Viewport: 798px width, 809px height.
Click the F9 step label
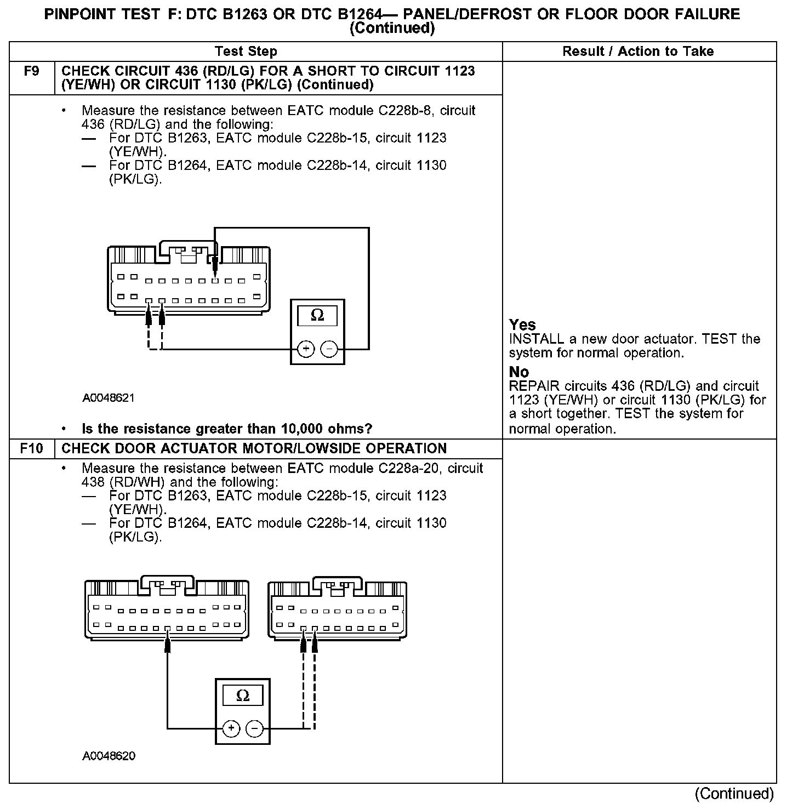pyautogui.click(x=32, y=71)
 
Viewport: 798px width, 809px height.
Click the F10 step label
pyautogui.click(x=31, y=448)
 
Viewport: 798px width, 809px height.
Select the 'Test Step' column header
pyautogui.click(x=246, y=52)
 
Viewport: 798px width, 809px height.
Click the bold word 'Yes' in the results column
pyautogui.click(x=522, y=324)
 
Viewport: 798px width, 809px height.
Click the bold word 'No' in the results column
pyautogui.click(x=518, y=372)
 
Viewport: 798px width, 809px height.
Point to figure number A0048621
pyautogui.click(x=109, y=398)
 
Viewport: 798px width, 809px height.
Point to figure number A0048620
pyautogui.click(x=109, y=756)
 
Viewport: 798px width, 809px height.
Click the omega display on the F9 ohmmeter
pyautogui.click(x=317, y=316)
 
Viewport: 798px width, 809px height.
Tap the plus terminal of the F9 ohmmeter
pyautogui.click(x=306, y=349)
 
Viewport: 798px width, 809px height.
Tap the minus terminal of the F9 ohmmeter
pyautogui.click(x=329, y=349)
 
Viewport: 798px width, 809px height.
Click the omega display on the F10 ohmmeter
pyautogui.click(x=242, y=696)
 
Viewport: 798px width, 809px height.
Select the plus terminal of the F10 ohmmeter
pyautogui.click(x=231, y=728)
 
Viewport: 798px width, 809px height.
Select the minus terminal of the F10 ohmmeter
pyautogui.click(x=254, y=728)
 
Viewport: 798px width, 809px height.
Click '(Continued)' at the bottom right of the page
pyautogui.click(x=734, y=794)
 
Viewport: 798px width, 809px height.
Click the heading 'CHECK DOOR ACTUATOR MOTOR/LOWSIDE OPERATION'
pyautogui.click(x=254, y=448)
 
